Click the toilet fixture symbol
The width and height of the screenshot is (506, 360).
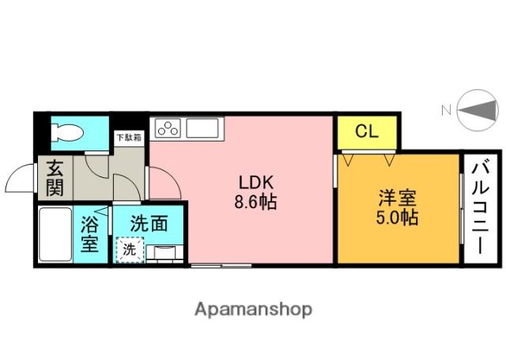[67, 132]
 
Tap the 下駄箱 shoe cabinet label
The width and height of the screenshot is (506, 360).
[129, 138]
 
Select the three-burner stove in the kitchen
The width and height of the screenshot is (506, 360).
[168, 128]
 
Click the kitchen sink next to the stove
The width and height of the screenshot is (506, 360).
[202, 128]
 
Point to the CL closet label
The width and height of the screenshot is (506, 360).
[367, 131]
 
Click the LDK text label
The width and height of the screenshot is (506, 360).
[256, 183]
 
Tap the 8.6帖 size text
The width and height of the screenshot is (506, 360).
[255, 203]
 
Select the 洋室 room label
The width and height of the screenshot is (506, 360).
[397, 198]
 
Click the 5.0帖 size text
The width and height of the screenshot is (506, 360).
[397, 218]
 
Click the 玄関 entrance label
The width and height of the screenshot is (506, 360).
[55, 178]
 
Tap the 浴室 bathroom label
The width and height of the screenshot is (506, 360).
[89, 233]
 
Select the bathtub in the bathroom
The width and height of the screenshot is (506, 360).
[55, 235]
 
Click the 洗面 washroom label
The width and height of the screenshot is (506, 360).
[149, 223]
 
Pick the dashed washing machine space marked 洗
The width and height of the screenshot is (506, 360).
[130, 249]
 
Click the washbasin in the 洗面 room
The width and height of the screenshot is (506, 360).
[164, 252]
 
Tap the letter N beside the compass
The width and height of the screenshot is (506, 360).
[446, 111]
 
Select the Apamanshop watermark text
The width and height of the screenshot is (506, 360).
[253, 309]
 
